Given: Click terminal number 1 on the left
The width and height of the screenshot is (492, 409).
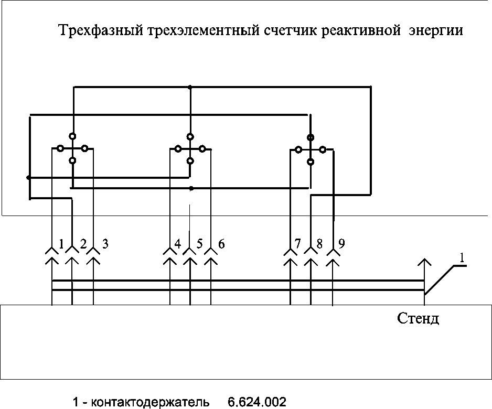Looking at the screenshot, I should tap(62, 244).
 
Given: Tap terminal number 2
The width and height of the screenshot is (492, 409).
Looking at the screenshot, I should tap(83, 244).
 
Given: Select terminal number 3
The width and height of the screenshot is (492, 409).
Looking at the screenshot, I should tap(105, 244).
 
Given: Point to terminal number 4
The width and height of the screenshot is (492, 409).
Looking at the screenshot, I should tap(178, 244).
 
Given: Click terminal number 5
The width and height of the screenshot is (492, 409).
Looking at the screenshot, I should tap(199, 244).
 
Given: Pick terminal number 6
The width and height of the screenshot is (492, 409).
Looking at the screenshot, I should tap(221, 244).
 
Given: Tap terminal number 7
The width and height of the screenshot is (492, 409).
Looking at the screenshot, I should tap(298, 244).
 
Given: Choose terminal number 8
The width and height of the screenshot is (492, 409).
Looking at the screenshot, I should tap(319, 244).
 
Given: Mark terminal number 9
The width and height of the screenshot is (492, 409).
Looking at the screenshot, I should tap(341, 244).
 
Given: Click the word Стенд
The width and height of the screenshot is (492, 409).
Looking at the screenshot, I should tap(418, 319).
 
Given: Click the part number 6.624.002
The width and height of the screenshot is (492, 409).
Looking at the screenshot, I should tap(257, 402).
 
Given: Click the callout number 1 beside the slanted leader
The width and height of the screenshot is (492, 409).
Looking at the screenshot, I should tap(462, 257).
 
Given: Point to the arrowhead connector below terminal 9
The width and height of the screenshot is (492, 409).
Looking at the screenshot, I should tap(333, 257).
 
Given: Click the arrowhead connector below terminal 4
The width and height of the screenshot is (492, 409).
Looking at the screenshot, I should tap(170, 257).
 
